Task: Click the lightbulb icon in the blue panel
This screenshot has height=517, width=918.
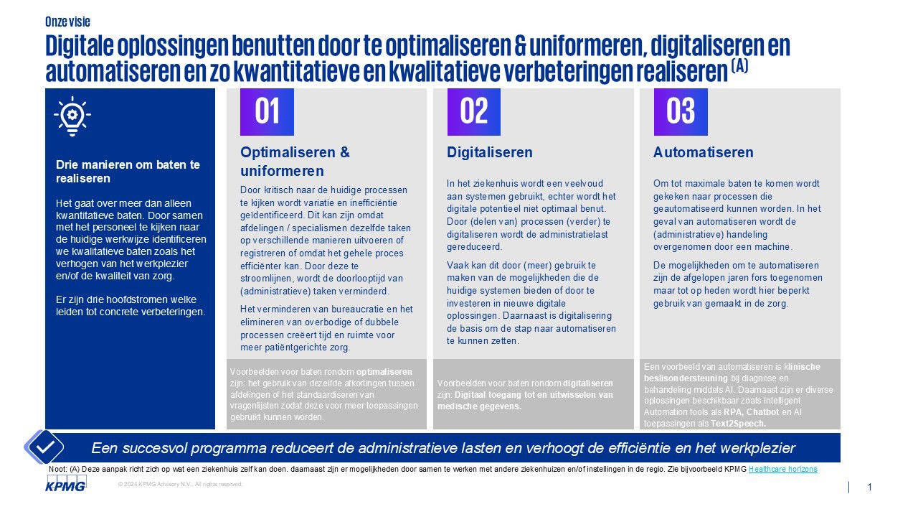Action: [72, 116]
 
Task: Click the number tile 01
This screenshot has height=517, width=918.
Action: [267, 112]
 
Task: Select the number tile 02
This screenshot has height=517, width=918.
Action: [473, 112]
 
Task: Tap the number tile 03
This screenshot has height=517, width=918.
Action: [680, 112]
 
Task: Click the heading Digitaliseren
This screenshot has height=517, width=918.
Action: [489, 152]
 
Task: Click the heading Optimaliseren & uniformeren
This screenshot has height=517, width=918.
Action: [295, 162]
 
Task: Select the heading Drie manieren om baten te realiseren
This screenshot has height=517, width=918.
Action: [128, 171]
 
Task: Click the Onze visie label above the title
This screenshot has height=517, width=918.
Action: [67, 22]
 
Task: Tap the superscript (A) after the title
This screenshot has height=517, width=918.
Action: [739, 65]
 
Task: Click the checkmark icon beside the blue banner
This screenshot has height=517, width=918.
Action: [44, 446]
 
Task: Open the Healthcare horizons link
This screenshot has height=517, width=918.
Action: [782, 469]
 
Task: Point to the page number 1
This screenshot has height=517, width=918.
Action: [869, 487]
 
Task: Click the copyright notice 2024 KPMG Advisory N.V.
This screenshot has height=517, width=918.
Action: [181, 485]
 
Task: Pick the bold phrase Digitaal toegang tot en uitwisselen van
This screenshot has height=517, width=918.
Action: [534, 394]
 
